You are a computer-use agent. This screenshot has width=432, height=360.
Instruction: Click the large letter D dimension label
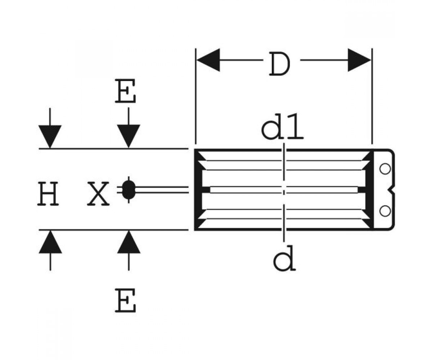tap(280, 64)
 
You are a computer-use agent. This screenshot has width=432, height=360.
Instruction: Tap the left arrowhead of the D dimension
tap(208, 60)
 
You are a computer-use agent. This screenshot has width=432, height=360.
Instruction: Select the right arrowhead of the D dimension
tap(359, 60)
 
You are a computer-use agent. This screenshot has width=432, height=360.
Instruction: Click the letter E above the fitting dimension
tap(125, 91)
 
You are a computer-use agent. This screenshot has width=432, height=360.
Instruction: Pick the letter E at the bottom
tap(125, 300)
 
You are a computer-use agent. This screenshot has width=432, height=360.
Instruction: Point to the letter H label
tap(48, 194)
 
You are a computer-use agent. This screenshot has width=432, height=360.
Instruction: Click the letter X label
tap(98, 194)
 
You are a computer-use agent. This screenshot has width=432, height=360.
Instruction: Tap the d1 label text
tap(282, 126)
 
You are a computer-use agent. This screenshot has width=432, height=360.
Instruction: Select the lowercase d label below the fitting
tap(284, 258)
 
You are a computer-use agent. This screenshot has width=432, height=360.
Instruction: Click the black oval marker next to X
tap(129, 190)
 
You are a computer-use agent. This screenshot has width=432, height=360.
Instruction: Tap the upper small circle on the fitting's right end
tap(385, 168)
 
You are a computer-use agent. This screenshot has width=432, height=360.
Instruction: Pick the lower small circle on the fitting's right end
tap(385, 211)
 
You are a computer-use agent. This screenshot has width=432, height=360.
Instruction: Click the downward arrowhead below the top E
tap(129, 136)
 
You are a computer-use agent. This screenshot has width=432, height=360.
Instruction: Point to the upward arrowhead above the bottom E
tap(129, 242)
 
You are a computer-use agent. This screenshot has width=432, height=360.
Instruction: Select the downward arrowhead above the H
tap(50, 136)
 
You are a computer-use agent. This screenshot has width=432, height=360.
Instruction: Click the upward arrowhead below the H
tap(50, 242)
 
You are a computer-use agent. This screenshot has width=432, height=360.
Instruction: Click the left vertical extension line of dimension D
tap(195, 96)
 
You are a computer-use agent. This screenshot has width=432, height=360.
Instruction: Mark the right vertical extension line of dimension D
tap(372, 96)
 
